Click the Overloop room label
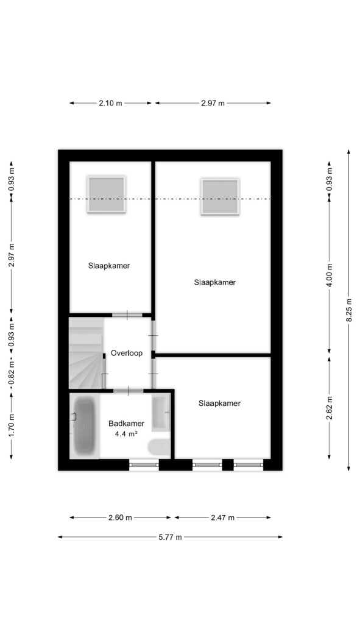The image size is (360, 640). pyautogui.click(x=127, y=353)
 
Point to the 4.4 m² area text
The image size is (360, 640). pyautogui.click(x=125, y=434)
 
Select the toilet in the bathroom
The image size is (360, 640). pyautogui.click(x=160, y=447)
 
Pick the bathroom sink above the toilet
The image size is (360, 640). pyautogui.click(x=161, y=413)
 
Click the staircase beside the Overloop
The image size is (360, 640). pyautogui.click(x=86, y=354)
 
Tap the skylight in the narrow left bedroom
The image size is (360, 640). pyautogui.click(x=106, y=194)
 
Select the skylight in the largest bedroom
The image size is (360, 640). pyautogui.click(x=220, y=197)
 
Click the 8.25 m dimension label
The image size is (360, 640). pyautogui.click(x=349, y=310)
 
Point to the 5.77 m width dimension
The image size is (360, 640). pyautogui.click(x=170, y=537)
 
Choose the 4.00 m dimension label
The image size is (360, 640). pyautogui.click(x=329, y=276)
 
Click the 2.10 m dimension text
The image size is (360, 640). pyautogui.click(x=110, y=103)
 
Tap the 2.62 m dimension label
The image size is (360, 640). pyautogui.click(x=329, y=408)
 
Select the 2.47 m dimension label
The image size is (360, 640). pyautogui.click(x=222, y=517)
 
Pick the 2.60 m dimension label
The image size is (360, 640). pyautogui.click(x=120, y=517)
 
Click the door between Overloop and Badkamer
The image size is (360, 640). pyautogui.click(x=129, y=391)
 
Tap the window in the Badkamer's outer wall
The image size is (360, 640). pyautogui.click(x=144, y=464)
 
